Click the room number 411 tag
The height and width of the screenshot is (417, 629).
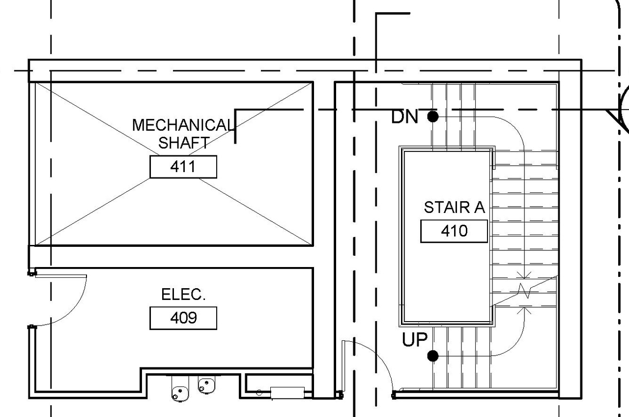pos(183,167)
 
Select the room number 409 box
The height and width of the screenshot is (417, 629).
pos(183,318)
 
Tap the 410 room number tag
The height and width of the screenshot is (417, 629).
pos(454,231)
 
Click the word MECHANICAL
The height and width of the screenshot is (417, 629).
pos(183,125)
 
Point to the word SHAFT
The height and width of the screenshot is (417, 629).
pos(183,143)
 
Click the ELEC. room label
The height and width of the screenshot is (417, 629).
pos(183,295)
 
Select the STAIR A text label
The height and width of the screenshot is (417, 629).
pos(454,208)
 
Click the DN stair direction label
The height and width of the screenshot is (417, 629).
pos(404,117)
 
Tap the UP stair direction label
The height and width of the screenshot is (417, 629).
pos(415,340)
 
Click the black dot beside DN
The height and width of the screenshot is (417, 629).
pos(433,117)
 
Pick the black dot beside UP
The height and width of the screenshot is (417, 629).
pos(433,356)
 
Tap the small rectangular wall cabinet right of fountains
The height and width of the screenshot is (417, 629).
pos(287,392)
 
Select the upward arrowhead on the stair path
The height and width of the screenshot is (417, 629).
pos(524,310)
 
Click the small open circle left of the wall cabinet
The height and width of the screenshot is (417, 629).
pos(259,392)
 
